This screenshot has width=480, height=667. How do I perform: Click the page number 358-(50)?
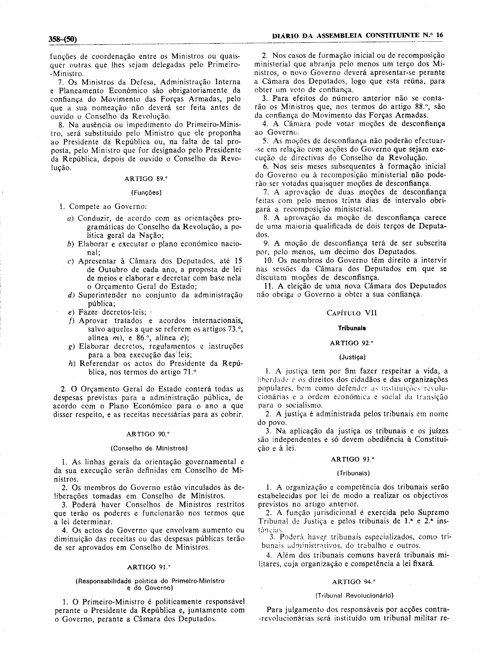point(63,39)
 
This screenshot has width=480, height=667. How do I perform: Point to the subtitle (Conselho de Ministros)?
point(149,449)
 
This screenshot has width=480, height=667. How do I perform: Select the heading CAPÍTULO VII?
point(352,313)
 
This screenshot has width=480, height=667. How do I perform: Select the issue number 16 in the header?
point(439,35)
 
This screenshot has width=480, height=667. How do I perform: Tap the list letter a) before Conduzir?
point(70,219)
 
